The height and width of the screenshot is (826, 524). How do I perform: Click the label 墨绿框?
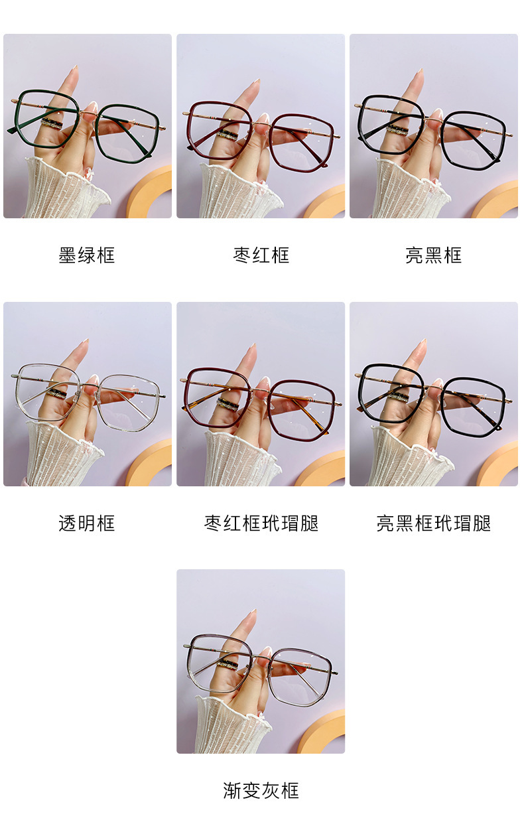[87, 255]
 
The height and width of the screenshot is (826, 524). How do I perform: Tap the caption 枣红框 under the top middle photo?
[261, 255]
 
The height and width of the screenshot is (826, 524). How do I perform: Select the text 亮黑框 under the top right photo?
[434, 255]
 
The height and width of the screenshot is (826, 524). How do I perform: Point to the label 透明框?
[87, 523]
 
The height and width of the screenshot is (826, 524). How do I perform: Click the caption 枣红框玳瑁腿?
[261, 523]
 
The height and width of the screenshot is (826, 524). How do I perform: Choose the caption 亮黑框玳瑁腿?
[434, 523]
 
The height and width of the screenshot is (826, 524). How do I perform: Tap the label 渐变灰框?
[261, 790]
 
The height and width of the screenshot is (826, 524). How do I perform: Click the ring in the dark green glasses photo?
[52, 123]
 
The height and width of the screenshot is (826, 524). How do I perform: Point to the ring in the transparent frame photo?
[56, 393]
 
